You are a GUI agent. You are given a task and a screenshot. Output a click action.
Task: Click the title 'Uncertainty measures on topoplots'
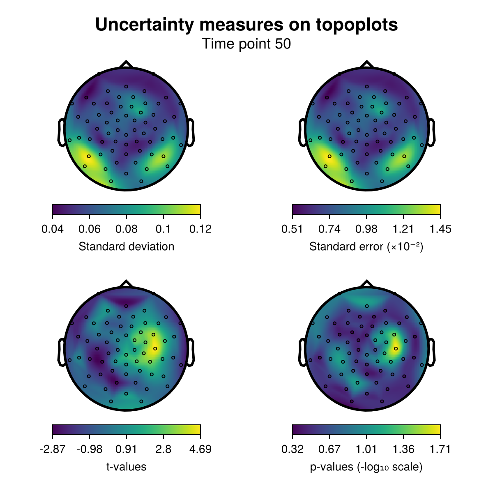point(246,25)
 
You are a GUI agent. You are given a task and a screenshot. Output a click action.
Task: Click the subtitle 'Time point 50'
point(246,44)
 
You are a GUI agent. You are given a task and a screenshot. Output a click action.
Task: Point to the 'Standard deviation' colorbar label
point(127,246)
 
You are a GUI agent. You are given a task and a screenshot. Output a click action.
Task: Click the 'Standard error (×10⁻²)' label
point(366,246)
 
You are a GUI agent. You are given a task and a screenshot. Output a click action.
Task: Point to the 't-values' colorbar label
point(127,467)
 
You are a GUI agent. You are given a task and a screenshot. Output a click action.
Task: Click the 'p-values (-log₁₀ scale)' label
point(366,467)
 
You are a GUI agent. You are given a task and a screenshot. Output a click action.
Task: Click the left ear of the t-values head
point(61,352)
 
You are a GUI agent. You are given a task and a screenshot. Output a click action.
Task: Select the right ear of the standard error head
point(431,132)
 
